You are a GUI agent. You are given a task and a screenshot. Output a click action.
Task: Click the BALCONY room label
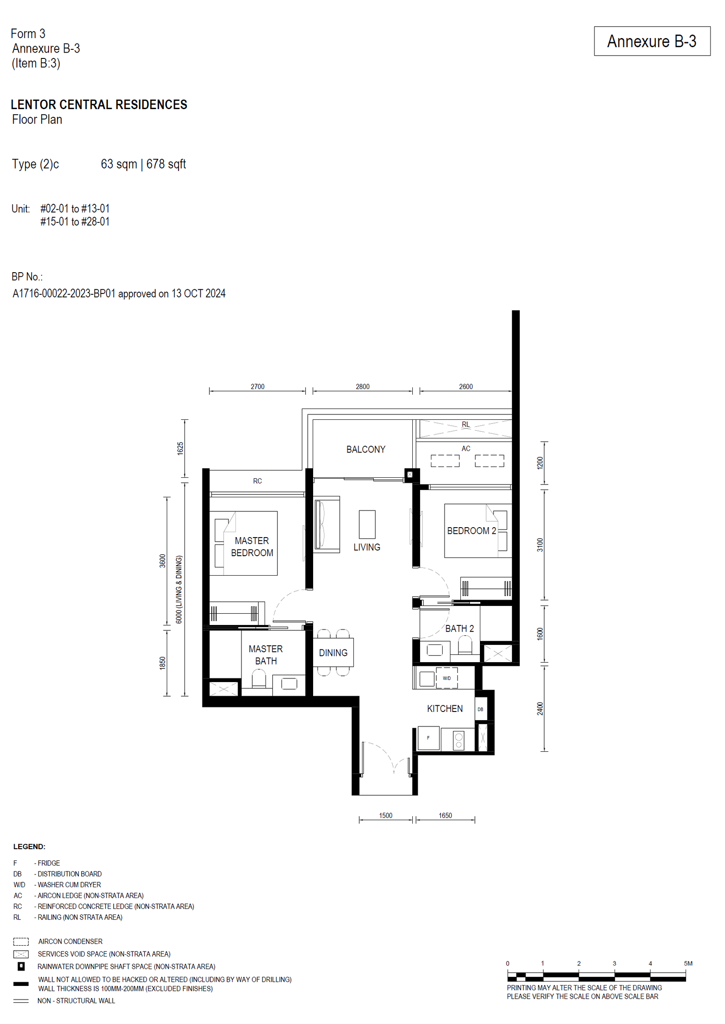pyautogui.click(x=366, y=449)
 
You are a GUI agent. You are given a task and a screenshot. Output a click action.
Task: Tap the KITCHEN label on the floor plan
pyautogui.click(x=445, y=708)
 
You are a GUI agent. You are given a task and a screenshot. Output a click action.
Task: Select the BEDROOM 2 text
pyautogui.click(x=471, y=530)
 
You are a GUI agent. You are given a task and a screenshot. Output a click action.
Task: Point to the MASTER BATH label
pyautogui.click(x=266, y=655)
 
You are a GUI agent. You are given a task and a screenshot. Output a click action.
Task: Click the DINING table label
pyautogui.click(x=333, y=653)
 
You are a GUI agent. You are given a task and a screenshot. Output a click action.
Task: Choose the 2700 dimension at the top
pyautogui.click(x=257, y=386)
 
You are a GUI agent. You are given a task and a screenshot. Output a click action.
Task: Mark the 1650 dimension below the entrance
pyautogui.click(x=445, y=815)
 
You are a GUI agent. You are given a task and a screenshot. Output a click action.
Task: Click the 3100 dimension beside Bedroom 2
pyautogui.click(x=540, y=545)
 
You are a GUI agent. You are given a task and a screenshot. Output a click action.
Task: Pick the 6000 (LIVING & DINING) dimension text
pyautogui.click(x=179, y=589)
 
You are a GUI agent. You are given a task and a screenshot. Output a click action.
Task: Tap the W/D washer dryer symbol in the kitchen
pyautogui.click(x=447, y=678)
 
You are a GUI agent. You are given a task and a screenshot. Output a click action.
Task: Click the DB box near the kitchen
pyautogui.click(x=480, y=709)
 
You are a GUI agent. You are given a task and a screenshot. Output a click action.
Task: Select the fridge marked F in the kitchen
pyautogui.click(x=428, y=738)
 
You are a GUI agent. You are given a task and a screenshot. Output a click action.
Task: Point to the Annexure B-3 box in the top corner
pyautogui.click(x=652, y=41)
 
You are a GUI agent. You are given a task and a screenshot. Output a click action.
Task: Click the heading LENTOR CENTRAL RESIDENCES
pyautogui.click(x=99, y=105)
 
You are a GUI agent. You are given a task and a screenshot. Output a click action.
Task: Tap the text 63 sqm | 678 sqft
pyautogui.click(x=143, y=164)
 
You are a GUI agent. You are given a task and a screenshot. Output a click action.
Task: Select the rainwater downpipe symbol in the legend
pyautogui.click(x=21, y=966)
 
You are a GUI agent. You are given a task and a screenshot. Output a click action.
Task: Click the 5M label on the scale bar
pyautogui.click(x=688, y=963)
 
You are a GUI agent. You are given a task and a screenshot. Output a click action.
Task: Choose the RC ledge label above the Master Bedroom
pyautogui.click(x=257, y=481)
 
